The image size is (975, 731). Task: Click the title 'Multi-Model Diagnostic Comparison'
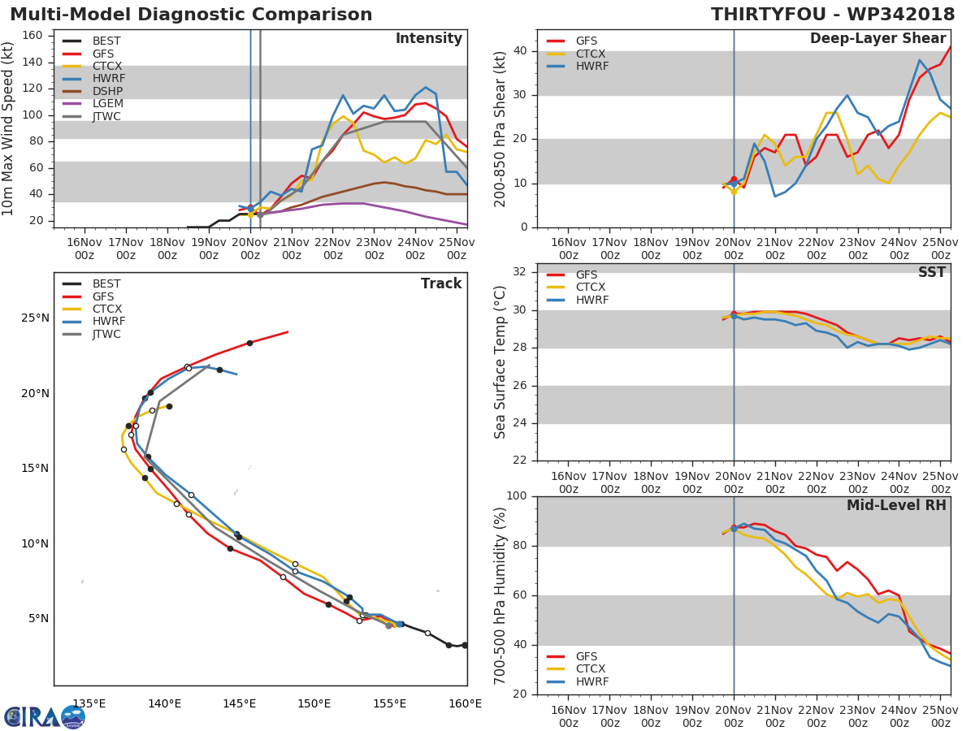click(191, 15)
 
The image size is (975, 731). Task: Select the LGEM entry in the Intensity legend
click(106, 104)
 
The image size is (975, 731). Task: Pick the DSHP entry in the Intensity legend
click(106, 91)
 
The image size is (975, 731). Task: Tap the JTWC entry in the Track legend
click(106, 335)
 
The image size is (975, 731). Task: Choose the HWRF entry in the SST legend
click(591, 301)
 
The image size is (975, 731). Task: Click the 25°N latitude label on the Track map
click(34, 318)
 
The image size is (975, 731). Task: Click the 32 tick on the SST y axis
click(520, 272)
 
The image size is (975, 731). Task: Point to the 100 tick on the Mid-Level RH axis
click(517, 496)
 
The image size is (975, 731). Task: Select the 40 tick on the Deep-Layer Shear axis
click(520, 50)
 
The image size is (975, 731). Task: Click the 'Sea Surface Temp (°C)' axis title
click(500, 362)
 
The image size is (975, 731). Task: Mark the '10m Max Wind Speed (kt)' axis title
click(9, 128)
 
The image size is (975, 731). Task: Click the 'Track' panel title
click(440, 283)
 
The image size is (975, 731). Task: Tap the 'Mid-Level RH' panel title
click(896, 505)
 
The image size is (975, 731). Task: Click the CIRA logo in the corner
click(45, 716)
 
